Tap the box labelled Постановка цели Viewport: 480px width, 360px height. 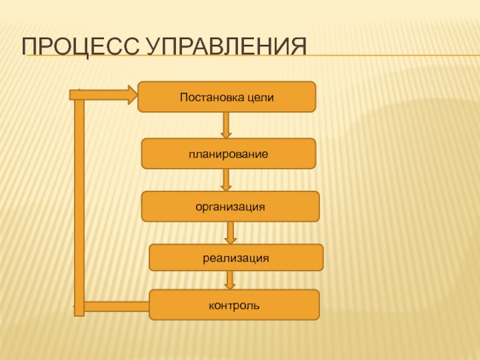226,97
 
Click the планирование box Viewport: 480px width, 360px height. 227,154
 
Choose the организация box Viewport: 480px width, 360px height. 230,206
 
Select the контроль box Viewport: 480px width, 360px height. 234,304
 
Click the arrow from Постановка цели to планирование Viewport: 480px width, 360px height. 226,125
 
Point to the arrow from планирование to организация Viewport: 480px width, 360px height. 226,179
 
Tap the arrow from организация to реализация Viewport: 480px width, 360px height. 230,232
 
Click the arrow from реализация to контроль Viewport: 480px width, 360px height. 230,280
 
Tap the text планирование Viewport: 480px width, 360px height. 227,154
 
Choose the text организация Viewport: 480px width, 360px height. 230,206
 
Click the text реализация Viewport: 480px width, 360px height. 235,258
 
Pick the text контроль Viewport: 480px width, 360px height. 234,305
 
